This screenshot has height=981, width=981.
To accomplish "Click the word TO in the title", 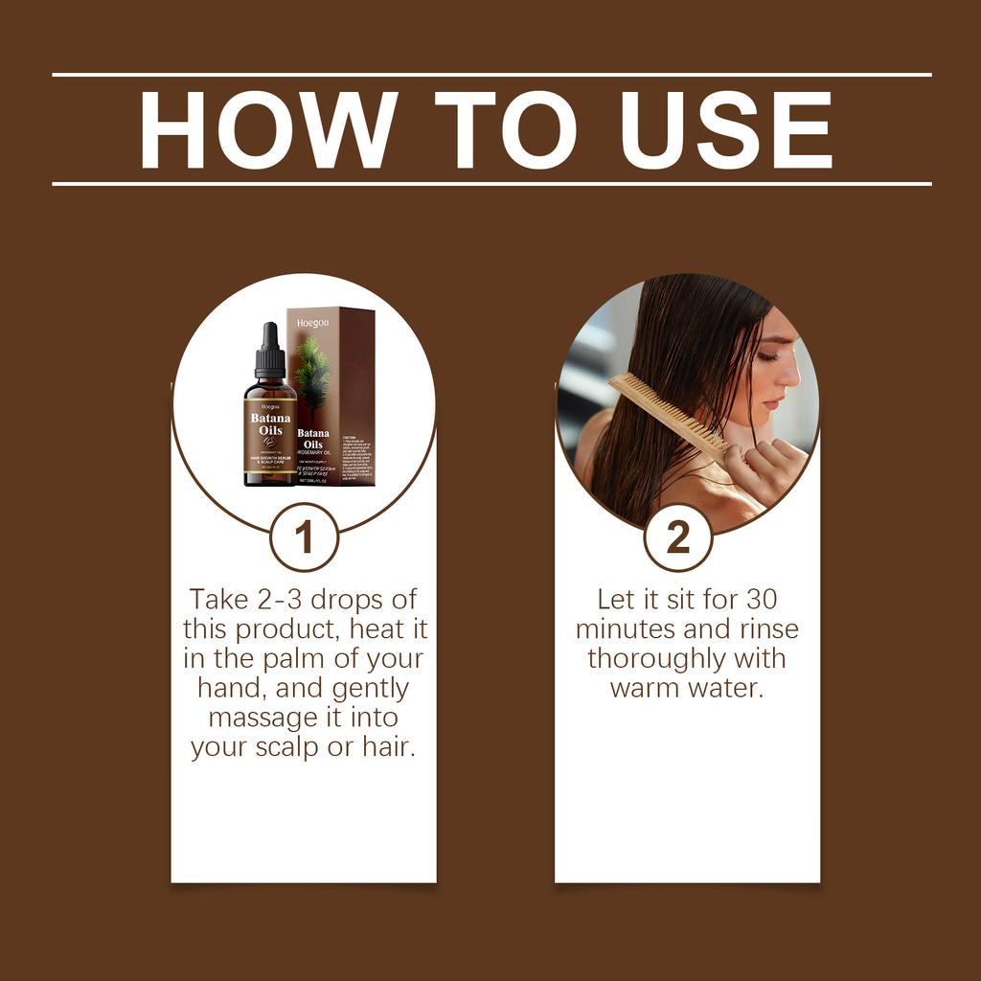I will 505,130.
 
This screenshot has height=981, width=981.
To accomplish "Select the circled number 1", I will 304,537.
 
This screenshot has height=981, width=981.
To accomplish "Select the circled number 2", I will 677,537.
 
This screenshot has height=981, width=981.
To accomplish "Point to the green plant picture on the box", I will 313,375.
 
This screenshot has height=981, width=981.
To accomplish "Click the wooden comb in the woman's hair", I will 667,414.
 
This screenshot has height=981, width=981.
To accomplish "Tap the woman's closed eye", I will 766,354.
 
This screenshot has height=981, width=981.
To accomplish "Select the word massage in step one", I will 264,718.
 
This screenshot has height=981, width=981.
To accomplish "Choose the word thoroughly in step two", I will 656,659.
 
